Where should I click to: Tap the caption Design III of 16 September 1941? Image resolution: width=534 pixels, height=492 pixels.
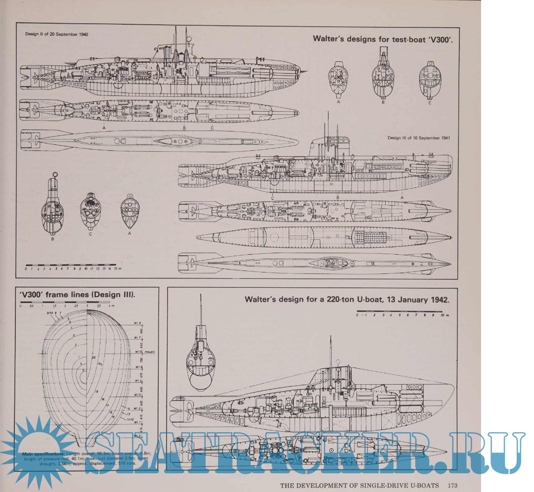pyautogui.click(x=419, y=138)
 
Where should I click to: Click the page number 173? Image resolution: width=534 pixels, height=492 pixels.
pyautogui.click(x=455, y=485)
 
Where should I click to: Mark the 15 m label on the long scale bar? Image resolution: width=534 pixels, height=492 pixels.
pyautogui.click(x=117, y=268)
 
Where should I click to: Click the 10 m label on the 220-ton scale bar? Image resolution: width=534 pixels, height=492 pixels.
pyautogui.click(x=444, y=315)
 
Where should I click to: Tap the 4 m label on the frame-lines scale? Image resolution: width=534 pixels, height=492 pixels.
pyautogui.click(x=112, y=307)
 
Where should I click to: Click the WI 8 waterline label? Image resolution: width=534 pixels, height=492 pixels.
pyautogui.click(x=137, y=323)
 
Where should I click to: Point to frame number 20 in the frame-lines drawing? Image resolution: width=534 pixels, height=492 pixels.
pyautogui.click(x=93, y=357)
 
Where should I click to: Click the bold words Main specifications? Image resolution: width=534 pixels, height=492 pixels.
pyautogui.click(x=43, y=453)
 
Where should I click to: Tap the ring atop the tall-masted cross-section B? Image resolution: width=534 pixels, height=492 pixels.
pyautogui.click(x=55, y=174)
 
